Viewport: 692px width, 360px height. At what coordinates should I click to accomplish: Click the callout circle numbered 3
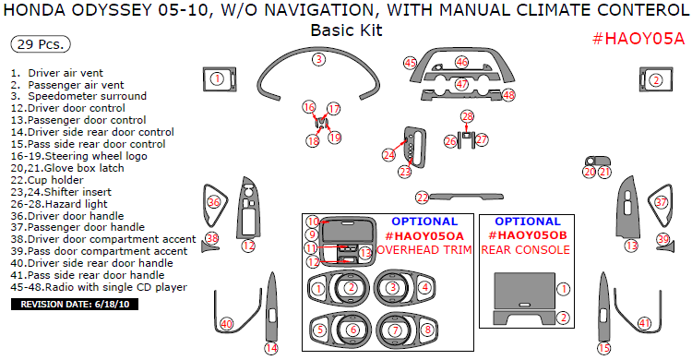(319, 60)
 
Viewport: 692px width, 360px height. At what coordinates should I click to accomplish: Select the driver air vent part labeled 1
(220, 79)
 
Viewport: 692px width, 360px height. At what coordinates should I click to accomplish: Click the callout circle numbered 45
(411, 63)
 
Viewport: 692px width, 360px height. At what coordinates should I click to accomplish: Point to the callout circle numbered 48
(508, 94)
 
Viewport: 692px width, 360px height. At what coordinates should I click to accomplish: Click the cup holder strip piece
(467, 196)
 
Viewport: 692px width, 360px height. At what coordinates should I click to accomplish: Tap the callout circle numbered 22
(423, 198)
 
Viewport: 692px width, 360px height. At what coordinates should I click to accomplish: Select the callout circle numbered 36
(214, 203)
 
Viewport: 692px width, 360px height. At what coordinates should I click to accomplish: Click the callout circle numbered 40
(226, 324)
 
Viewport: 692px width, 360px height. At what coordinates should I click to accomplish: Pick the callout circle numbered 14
(271, 348)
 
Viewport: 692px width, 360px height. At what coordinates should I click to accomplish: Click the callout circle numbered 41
(645, 323)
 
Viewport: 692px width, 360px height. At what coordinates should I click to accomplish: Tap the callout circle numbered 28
(468, 116)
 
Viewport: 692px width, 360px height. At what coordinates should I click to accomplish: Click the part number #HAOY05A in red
(638, 39)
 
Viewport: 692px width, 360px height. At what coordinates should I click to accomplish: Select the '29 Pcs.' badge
(41, 44)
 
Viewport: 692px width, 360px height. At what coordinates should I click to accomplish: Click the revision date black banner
(75, 304)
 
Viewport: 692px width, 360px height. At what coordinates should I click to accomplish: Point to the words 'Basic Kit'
(346, 30)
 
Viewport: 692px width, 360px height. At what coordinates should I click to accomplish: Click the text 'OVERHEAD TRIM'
(424, 250)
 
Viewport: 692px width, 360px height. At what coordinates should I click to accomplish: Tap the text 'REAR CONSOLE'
(525, 250)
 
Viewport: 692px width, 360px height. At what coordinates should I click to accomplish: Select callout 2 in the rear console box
(563, 318)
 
